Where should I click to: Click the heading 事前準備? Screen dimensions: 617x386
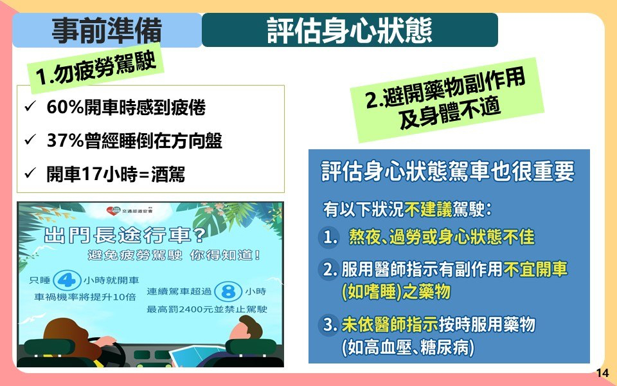tap(107, 30)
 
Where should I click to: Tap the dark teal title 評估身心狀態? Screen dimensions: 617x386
tap(350, 30)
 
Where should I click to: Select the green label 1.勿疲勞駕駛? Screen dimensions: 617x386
tap(96, 68)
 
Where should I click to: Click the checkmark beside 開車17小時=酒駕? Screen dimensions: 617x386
tap(30, 173)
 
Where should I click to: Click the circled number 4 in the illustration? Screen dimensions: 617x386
tap(66, 280)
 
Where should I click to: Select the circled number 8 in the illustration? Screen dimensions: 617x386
tap(229, 291)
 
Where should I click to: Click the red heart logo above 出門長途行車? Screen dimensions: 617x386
tap(112, 211)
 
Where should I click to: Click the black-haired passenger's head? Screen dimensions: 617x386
tap(246, 329)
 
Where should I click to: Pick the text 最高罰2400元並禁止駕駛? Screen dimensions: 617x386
tap(207, 309)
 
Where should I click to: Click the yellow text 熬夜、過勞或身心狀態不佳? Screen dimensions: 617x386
tap(442, 237)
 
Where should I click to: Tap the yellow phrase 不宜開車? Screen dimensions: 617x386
tap(535, 270)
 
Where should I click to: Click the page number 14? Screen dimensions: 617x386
tap(602, 372)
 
